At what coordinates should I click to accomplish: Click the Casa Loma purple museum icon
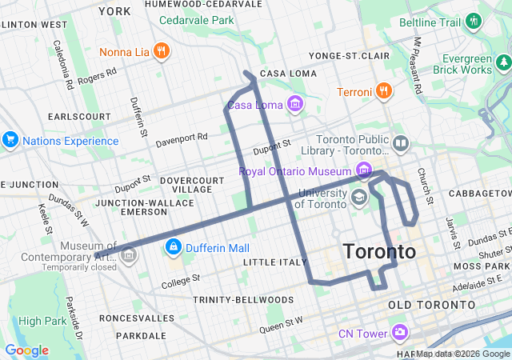coord(296,104)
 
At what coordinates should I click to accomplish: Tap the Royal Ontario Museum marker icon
coord(364,170)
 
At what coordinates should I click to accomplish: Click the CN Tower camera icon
coord(400,332)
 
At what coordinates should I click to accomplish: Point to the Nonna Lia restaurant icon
coord(161,52)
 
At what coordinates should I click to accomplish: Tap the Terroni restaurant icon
coord(385,90)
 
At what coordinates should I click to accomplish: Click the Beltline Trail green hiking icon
coord(474,19)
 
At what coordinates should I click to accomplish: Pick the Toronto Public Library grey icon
coord(400,145)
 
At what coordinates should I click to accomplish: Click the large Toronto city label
coord(379,251)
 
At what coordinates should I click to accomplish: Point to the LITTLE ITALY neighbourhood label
coord(274,262)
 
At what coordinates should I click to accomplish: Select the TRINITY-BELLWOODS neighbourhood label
coord(243,299)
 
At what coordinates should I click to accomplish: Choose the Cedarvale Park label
coord(196,19)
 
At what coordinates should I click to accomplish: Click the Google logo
coord(27,350)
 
